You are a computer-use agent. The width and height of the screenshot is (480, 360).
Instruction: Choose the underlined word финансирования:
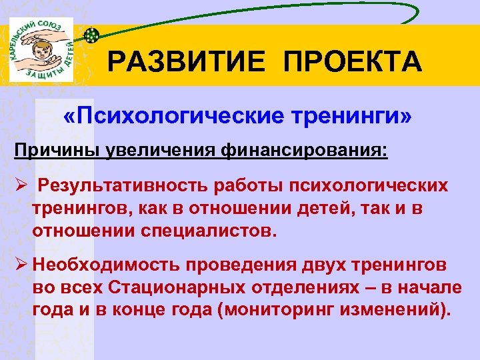[x=300, y=148]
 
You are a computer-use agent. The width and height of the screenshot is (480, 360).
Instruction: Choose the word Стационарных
[x=176, y=289]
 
